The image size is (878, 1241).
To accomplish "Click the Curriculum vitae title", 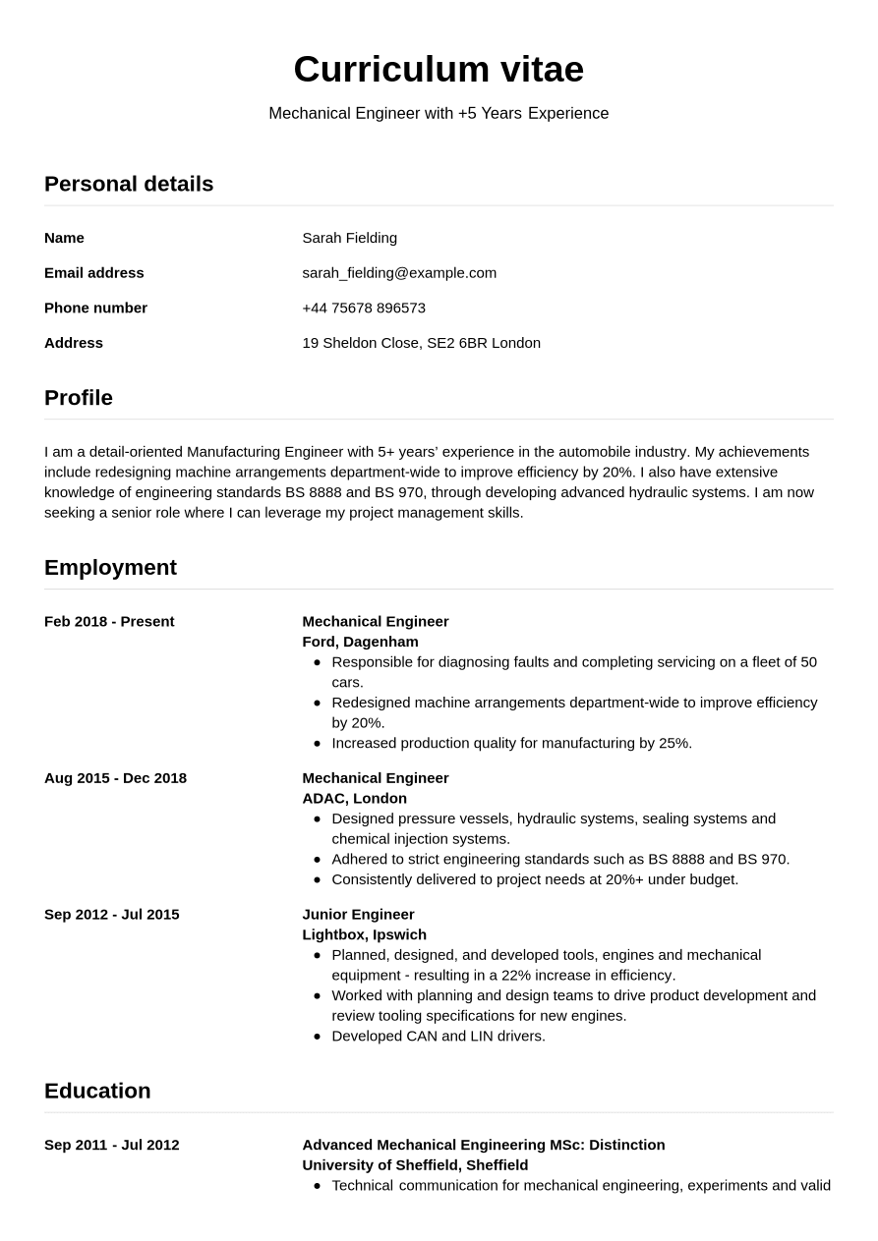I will point(439,69).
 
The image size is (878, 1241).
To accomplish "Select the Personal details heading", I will point(129,184).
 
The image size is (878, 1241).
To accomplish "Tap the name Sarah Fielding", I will point(349,238).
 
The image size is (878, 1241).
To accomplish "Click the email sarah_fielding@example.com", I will point(399,273).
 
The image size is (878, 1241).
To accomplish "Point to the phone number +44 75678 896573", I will point(364,308).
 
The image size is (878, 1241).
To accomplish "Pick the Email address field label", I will point(94,273).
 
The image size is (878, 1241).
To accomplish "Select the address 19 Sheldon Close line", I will point(421,343).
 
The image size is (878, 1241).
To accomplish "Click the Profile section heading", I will point(79,398).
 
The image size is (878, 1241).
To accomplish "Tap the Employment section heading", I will point(110,568).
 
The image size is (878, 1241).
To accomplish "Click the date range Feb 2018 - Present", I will point(109,622).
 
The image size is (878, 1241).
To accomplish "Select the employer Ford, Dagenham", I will point(360,642).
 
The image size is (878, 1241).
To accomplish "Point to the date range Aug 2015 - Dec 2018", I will point(115,778).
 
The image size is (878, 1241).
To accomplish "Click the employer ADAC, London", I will point(354,798).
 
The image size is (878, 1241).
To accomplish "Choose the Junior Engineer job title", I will point(358,915).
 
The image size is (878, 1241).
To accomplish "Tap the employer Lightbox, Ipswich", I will point(364,934).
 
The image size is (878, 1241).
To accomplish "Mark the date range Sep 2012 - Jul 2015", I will point(112,915).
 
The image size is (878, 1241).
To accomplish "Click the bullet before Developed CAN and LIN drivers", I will point(317,1036).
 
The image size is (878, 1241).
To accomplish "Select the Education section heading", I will point(97,1091).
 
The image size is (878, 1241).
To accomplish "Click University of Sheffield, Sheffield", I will point(415,1165).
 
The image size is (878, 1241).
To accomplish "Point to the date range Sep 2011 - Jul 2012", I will point(112,1145).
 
